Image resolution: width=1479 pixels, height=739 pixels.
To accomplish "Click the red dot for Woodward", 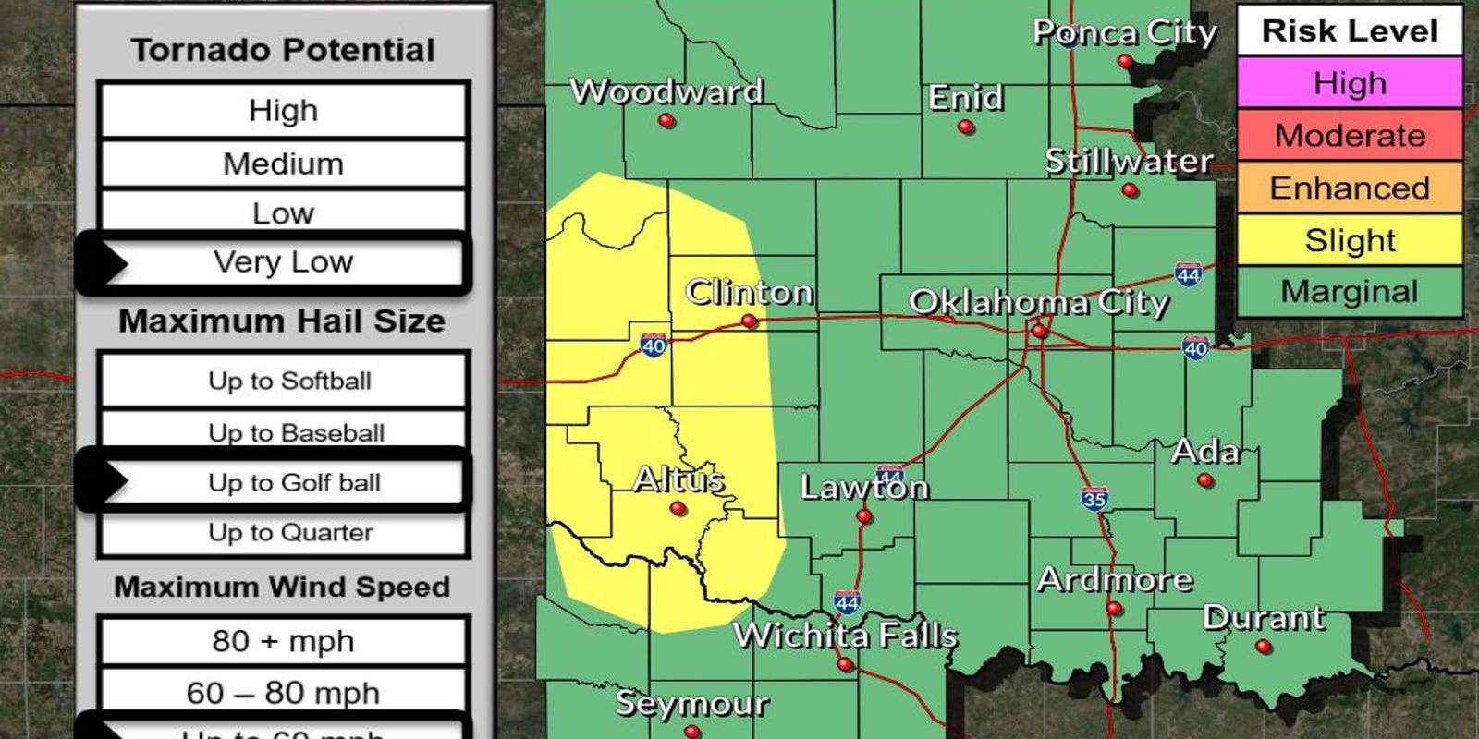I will click(666, 121).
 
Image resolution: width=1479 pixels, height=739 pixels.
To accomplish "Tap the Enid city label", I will click(966, 97).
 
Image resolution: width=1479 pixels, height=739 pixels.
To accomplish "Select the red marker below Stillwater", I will click(1130, 190).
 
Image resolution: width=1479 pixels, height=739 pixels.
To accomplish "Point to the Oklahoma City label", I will click(1039, 302).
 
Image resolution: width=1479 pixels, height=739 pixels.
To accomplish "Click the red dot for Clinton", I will click(750, 321).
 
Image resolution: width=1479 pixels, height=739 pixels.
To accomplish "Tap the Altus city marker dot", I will click(678, 508).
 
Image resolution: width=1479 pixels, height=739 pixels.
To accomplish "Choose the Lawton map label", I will click(864, 487).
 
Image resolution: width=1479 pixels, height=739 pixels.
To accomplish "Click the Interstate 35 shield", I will click(1094, 499).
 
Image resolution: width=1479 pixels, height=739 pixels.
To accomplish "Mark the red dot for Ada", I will click(1204, 480).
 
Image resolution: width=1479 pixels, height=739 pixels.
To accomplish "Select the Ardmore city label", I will click(1115, 579).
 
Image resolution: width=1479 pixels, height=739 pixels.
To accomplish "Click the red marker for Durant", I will click(1264, 647).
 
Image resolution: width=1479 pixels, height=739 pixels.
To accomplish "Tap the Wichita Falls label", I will click(845, 636).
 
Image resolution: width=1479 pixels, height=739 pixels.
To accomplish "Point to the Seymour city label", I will click(692, 704).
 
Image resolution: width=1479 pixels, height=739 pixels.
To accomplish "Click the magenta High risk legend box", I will click(1350, 83).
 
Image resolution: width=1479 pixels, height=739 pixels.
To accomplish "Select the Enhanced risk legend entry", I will click(1350, 188).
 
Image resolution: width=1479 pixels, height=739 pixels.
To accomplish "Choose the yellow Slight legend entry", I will click(1350, 240).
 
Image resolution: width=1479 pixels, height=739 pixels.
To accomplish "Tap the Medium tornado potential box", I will click(284, 164).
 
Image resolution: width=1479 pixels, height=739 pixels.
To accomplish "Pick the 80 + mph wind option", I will click(284, 640).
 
